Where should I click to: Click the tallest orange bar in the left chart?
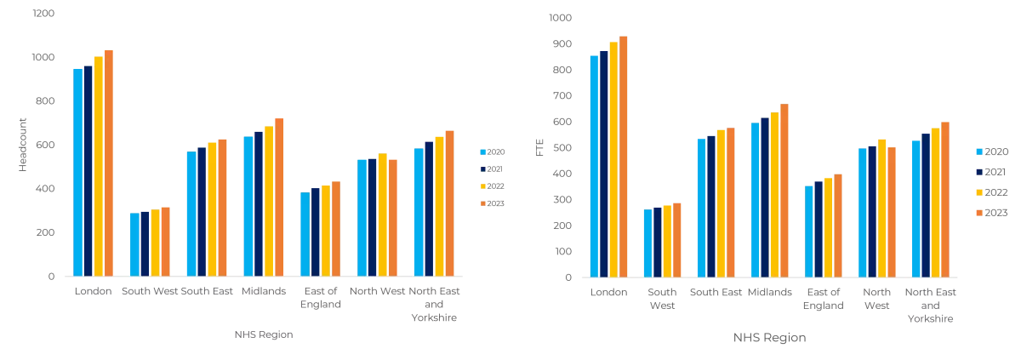click(x=108, y=162)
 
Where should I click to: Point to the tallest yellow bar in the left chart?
click(x=97, y=166)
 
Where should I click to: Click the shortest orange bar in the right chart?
click(x=676, y=239)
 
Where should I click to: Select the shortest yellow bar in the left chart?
click(x=155, y=243)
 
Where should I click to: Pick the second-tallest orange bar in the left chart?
click(x=279, y=197)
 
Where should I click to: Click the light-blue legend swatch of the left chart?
click(x=482, y=151)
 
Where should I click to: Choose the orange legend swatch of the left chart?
click(x=482, y=204)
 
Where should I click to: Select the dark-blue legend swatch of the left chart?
click(x=482, y=169)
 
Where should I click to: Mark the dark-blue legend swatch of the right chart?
click(x=978, y=170)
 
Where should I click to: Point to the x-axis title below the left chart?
click(x=262, y=334)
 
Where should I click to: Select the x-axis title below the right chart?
click(x=768, y=338)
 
